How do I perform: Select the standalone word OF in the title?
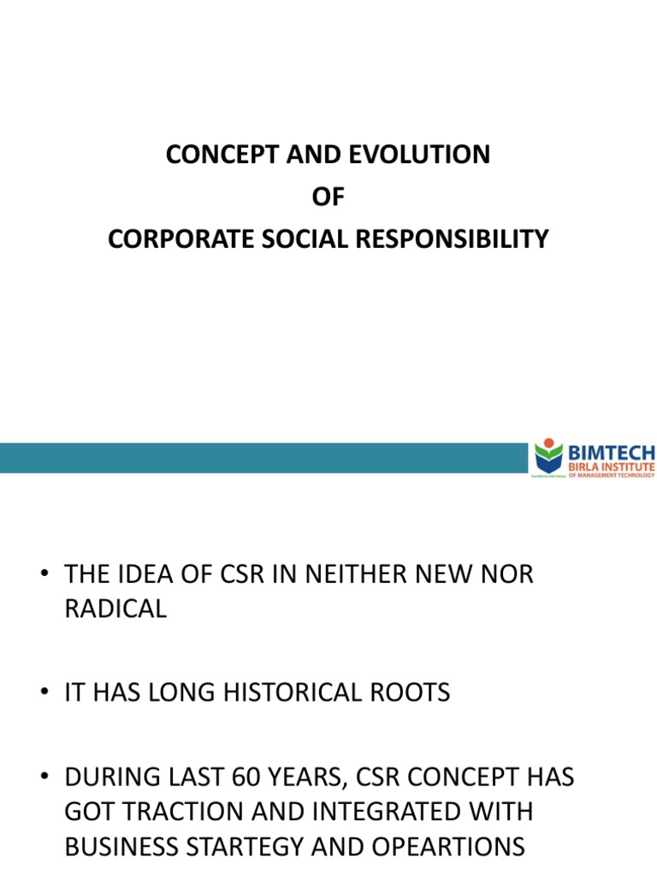328,197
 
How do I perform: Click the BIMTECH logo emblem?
548,456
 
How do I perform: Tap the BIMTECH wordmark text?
613,451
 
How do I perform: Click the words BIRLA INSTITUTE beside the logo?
612,467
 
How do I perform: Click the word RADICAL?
115,610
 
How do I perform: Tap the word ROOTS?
411,692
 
